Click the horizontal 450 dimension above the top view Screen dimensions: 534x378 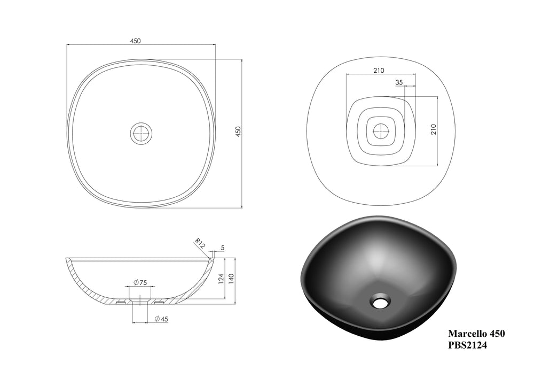click(x=135, y=41)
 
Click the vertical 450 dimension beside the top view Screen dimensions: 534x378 click(x=238, y=132)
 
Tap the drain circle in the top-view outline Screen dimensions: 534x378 click(x=141, y=133)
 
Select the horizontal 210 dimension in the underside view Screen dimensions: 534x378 click(x=379, y=71)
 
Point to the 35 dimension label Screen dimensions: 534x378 click(x=399, y=82)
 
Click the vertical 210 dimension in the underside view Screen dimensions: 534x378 click(x=434, y=129)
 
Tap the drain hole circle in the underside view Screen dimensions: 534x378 click(x=380, y=130)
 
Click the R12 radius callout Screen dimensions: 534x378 click(x=200, y=243)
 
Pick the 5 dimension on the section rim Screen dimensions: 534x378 click(x=222, y=248)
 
